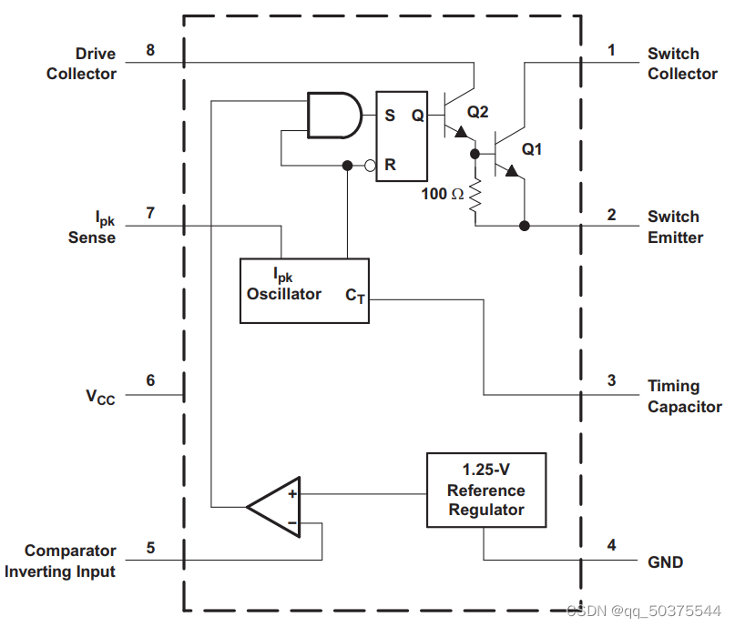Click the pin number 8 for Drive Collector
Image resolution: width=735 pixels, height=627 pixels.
click(x=150, y=50)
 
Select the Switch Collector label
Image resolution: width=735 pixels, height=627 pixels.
click(x=682, y=64)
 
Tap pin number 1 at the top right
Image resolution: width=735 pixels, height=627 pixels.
click(x=611, y=50)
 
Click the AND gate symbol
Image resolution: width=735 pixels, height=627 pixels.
click(x=333, y=115)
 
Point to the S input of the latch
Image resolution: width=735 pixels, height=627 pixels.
click(x=390, y=116)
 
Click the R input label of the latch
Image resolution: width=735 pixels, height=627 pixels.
click(x=390, y=165)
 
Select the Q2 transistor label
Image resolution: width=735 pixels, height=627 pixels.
click(x=478, y=112)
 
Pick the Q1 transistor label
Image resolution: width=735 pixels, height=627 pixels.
click(x=532, y=148)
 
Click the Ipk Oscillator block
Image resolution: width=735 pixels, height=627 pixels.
click(x=304, y=290)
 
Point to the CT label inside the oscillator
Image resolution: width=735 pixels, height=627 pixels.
click(x=355, y=297)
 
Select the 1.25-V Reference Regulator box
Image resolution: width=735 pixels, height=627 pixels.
click(x=486, y=490)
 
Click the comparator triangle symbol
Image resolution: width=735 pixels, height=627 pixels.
click(x=277, y=507)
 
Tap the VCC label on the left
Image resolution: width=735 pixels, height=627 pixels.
click(x=100, y=397)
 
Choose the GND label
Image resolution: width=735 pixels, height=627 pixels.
click(x=665, y=561)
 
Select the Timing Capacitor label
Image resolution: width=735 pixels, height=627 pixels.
click(x=684, y=397)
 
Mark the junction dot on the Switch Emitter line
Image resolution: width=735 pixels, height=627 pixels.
click(x=524, y=226)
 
